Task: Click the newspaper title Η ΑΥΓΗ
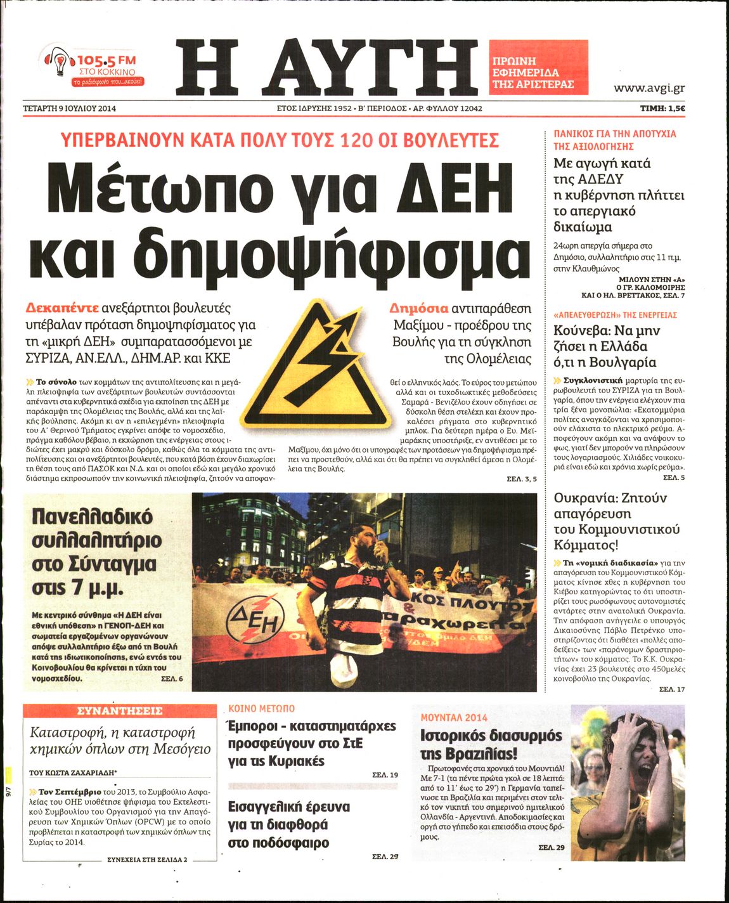(327, 65)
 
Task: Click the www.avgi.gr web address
(649, 88)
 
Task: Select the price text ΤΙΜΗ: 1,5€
(662, 108)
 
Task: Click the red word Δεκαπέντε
(61, 308)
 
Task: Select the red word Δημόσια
(418, 309)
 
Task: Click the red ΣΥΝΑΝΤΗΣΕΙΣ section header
(119, 711)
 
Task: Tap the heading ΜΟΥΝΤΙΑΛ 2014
(454, 717)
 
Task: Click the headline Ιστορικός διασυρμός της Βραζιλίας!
(491, 744)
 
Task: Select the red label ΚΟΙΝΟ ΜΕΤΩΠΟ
(261, 708)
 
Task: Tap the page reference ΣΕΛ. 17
(672, 689)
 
